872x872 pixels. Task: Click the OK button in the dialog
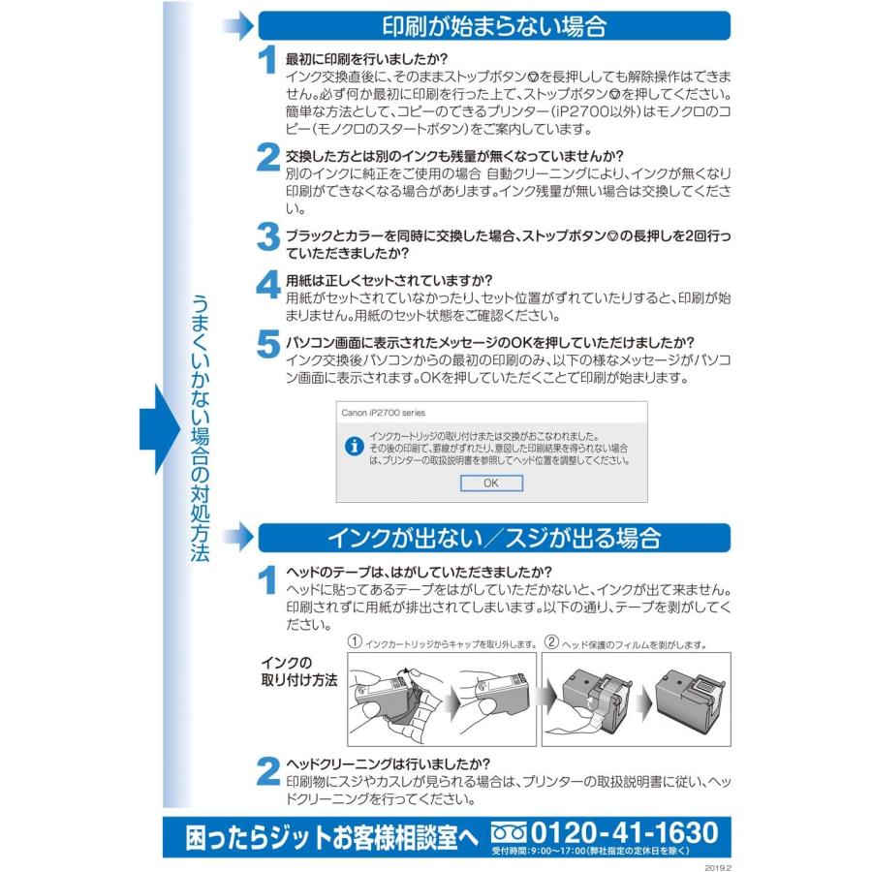(x=490, y=483)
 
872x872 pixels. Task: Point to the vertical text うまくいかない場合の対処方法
(x=200, y=426)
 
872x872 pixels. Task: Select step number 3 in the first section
(x=267, y=235)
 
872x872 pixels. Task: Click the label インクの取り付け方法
(x=298, y=671)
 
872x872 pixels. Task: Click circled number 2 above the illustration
(x=551, y=641)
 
